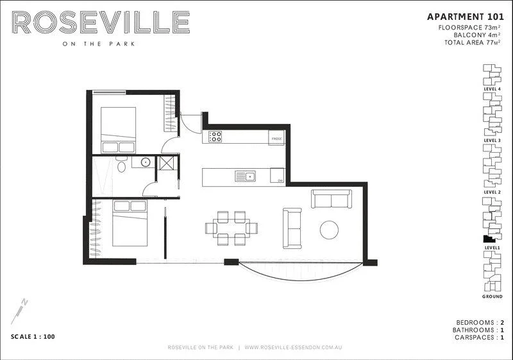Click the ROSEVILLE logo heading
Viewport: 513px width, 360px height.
(101, 24)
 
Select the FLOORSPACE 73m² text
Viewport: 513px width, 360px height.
(469, 28)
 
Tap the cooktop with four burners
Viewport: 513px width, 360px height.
(215, 137)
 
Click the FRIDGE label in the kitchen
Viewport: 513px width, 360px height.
(276, 139)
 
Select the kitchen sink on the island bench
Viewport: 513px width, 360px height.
(245, 176)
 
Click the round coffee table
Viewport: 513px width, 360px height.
(330, 230)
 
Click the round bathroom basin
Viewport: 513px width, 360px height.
(146, 162)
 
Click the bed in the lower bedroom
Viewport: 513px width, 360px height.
(130, 223)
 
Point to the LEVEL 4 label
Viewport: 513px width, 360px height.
(492, 90)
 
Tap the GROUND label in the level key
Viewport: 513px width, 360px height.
(492, 297)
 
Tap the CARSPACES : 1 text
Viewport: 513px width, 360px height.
(478, 337)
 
